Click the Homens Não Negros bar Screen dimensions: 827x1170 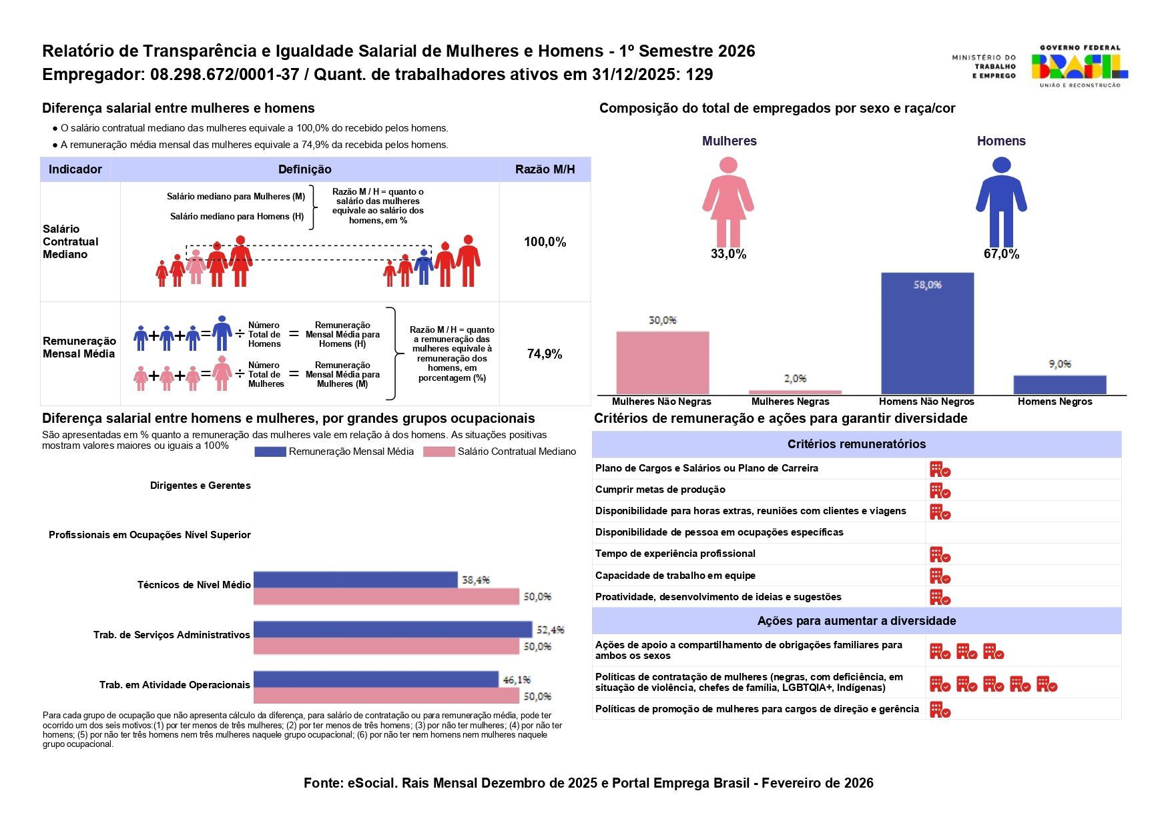click(927, 333)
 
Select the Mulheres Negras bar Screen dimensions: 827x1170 click(795, 392)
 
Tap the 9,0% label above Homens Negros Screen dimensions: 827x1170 click(1060, 364)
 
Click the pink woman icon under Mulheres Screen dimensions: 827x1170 click(728, 201)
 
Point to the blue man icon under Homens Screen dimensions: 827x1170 click(1001, 201)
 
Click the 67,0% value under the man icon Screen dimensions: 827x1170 click(1001, 254)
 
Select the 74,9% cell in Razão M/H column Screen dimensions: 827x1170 click(545, 354)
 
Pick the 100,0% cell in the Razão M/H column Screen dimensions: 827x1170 click(545, 242)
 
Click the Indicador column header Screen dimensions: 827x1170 click(75, 169)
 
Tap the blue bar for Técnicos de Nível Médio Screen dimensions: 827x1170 click(356, 580)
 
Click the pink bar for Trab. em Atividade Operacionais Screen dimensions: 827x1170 click(386, 696)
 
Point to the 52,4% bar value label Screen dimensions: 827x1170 click(551, 630)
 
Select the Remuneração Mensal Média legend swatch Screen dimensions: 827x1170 click(270, 452)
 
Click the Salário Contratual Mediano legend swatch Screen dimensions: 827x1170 click(439, 452)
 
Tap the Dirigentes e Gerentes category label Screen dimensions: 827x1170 click(200, 486)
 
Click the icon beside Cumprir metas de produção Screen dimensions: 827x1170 click(940, 491)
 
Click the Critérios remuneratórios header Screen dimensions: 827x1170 click(856, 444)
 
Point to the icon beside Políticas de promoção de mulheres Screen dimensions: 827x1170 click(940, 710)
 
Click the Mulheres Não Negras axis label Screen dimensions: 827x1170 click(661, 401)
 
